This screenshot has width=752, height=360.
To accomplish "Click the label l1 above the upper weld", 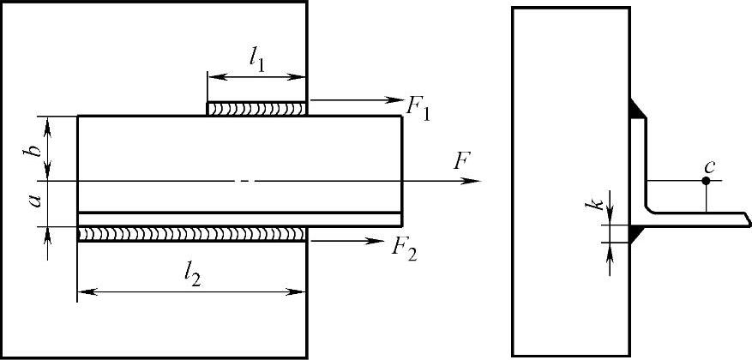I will click(256, 59).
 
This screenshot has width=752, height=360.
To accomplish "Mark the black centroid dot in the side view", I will click(706, 181).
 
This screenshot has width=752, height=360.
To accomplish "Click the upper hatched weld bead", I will click(256, 109).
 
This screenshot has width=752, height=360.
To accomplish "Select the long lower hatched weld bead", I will click(192, 233).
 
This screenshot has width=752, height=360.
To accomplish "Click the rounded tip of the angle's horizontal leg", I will click(748, 219).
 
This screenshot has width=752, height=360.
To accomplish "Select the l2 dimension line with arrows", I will click(192, 292).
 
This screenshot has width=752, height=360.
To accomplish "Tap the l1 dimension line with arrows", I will click(256, 77).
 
